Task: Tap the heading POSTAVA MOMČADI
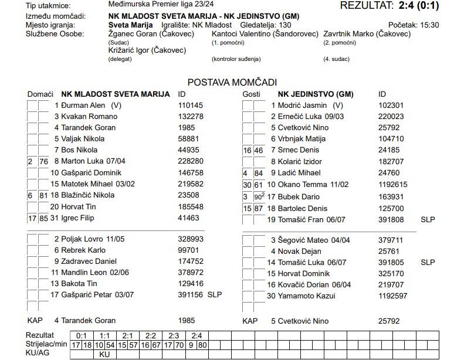click(232, 83)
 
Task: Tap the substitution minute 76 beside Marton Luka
click(43, 161)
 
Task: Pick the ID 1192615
click(393, 184)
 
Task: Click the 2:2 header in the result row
click(151, 335)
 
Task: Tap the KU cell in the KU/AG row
click(104, 354)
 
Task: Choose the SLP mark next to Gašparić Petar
click(214, 295)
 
